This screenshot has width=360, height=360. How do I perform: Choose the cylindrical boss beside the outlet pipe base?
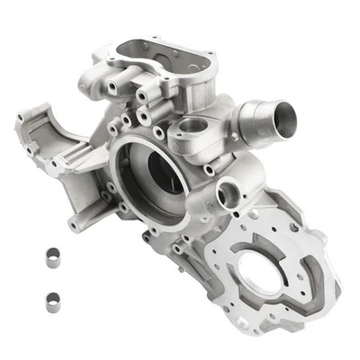pos(189,135)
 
